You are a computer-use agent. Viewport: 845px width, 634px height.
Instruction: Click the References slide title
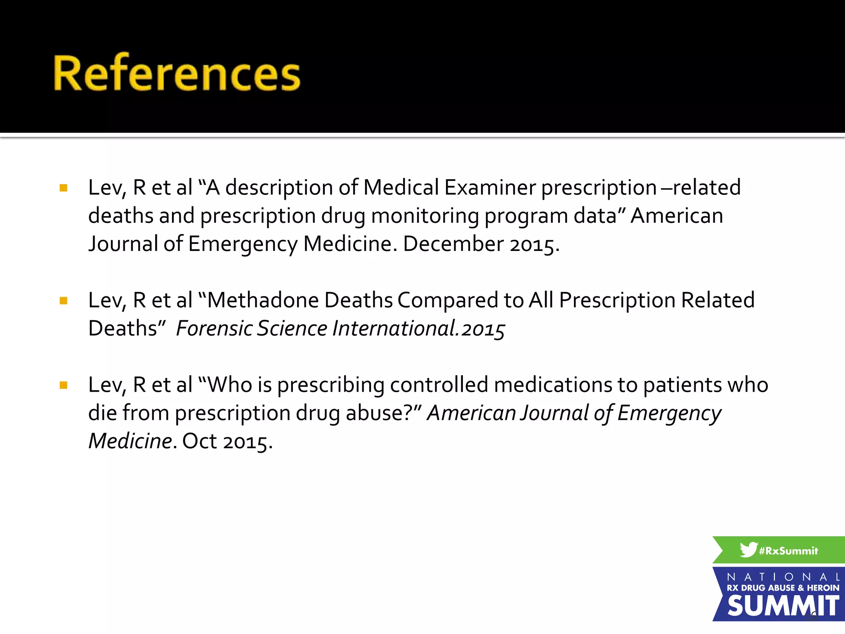tap(177, 73)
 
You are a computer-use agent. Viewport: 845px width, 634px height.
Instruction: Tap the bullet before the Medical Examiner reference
tap(64, 188)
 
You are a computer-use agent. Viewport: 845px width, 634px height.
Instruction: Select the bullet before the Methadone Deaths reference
tap(64, 301)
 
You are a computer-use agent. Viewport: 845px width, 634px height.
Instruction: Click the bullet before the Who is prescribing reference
tap(64, 386)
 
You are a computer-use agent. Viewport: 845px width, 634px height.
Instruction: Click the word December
tap(453, 244)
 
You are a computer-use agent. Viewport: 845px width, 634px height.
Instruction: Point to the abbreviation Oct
tap(199, 441)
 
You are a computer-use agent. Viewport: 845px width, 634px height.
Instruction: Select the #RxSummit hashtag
tap(788, 551)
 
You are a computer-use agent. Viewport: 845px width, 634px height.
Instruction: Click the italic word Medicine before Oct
tap(130, 441)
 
